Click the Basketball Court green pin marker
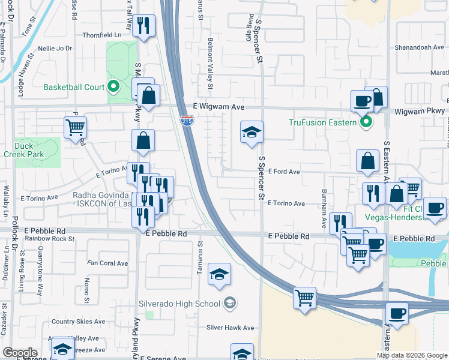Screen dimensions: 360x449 click(112, 87)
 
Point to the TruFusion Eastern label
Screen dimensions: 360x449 click(323, 123)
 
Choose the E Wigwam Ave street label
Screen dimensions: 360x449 click(220, 106)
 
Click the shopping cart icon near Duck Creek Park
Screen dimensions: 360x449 click(76, 127)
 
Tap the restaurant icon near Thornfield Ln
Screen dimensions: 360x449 click(143, 25)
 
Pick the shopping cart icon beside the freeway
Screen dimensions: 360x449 click(305, 296)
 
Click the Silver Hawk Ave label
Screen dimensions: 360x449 click(231, 328)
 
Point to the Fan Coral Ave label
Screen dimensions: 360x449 click(108, 263)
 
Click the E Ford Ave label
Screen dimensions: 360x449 click(284, 172)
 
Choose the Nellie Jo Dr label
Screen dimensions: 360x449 click(55, 48)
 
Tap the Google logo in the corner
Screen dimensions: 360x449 click(20, 353)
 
